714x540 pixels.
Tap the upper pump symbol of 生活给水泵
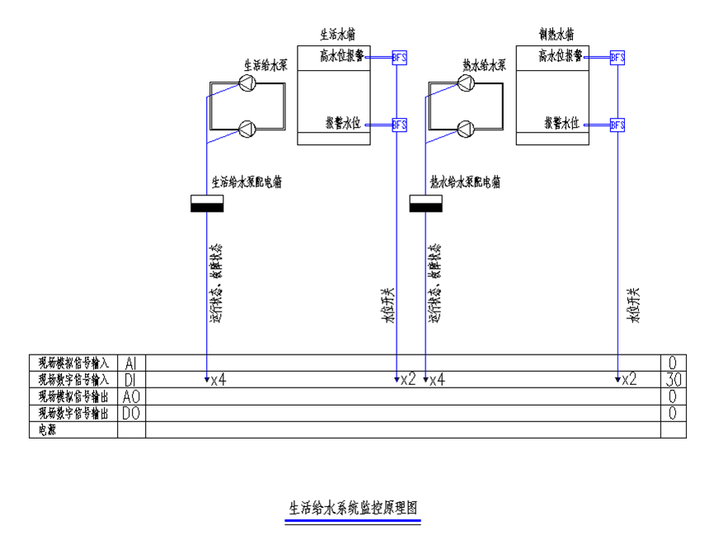coord(247,82)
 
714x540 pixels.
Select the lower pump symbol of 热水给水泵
coord(465,129)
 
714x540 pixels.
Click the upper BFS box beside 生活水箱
coord(400,57)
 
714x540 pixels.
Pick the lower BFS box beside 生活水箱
coord(400,124)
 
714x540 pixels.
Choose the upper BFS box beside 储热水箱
coord(618,57)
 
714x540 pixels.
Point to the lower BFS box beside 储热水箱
coord(618,124)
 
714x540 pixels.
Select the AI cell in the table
coord(131,364)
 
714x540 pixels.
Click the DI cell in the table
coord(131,380)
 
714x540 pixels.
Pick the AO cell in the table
coord(131,397)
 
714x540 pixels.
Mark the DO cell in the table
coord(131,413)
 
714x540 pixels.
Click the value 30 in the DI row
coord(673,380)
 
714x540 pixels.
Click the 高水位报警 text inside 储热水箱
coord(560,56)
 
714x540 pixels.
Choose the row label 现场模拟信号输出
coord(73,397)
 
